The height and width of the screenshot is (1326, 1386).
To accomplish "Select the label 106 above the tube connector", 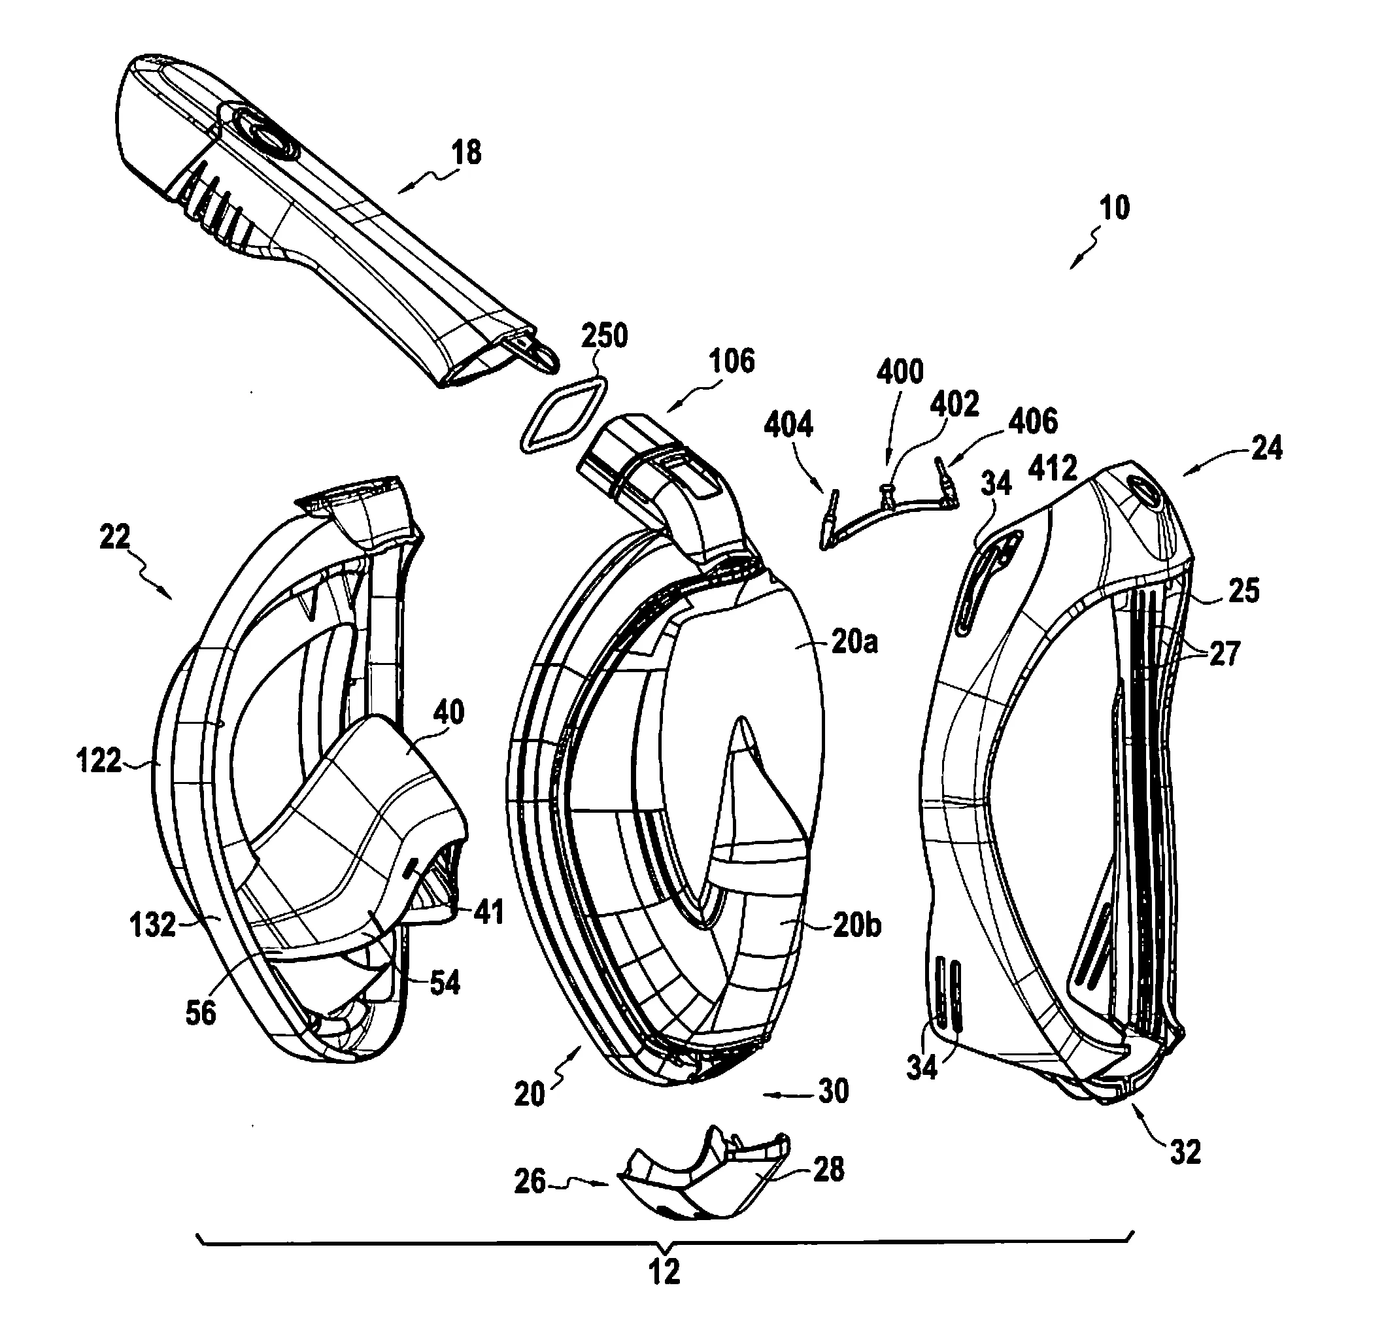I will (x=732, y=361).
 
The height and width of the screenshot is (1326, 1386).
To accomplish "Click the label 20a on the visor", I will (x=854, y=643).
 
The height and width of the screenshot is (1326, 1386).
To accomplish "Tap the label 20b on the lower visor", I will (x=856, y=925).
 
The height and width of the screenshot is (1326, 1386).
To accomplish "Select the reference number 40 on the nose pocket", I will (x=448, y=712).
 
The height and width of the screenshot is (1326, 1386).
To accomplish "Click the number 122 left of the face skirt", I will (x=98, y=761).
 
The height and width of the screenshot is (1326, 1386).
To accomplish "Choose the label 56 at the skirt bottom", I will (x=200, y=1013).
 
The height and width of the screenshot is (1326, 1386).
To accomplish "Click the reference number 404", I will (x=788, y=425).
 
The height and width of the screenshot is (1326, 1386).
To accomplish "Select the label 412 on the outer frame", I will (x=1053, y=468).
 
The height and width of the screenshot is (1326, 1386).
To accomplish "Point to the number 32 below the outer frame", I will (x=1185, y=1153).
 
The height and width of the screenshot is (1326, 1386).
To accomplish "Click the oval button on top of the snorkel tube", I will (x=268, y=135).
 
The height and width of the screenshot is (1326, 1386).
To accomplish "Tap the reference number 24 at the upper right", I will (x=1266, y=448).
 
